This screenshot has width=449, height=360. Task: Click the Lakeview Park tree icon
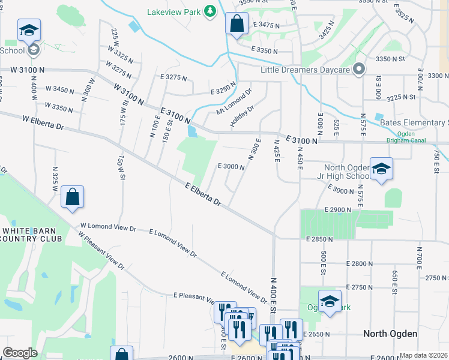[x=209, y=11]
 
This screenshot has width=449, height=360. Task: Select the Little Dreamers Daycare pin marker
[x=359, y=70]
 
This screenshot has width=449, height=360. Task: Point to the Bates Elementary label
[x=414, y=123]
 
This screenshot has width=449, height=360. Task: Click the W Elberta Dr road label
[x=43, y=122]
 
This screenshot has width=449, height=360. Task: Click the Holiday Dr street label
[x=243, y=116]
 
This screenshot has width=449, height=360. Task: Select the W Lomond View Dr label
[x=109, y=228]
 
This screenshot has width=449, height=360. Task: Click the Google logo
[x=19, y=353]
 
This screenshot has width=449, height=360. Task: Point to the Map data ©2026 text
[x=424, y=355]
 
